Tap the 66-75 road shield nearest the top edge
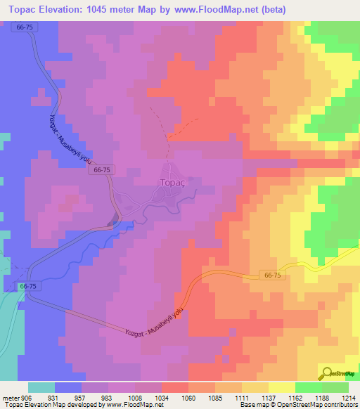click(24, 26)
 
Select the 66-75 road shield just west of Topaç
click(101, 170)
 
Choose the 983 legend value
click(108, 396)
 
